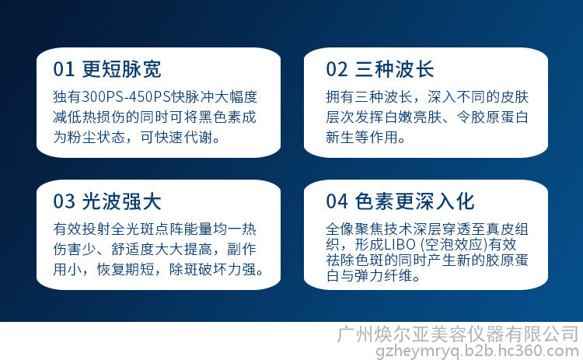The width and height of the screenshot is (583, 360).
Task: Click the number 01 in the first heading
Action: coord(64,69)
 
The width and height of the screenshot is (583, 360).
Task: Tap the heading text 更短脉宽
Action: coord(121,69)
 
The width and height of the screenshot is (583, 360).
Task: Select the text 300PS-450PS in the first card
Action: coord(126,97)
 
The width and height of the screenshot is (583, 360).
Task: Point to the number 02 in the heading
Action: coord(337,69)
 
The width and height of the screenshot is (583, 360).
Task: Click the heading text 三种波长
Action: coord(395,69)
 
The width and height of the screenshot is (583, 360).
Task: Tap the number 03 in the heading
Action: coord(64,201)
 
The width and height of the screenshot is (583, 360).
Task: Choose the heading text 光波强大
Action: coord(121,201)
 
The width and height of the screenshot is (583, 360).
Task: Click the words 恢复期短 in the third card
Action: coord(126,269)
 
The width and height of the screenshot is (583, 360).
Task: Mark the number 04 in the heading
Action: coord(337,201)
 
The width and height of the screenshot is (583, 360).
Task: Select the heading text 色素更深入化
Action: coord(414,201)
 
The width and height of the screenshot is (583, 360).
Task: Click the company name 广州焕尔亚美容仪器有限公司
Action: coord(458,334)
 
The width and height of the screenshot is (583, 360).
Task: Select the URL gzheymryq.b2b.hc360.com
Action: coord(477,351)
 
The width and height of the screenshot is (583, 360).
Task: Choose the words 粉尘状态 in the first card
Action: coord(96,137)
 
